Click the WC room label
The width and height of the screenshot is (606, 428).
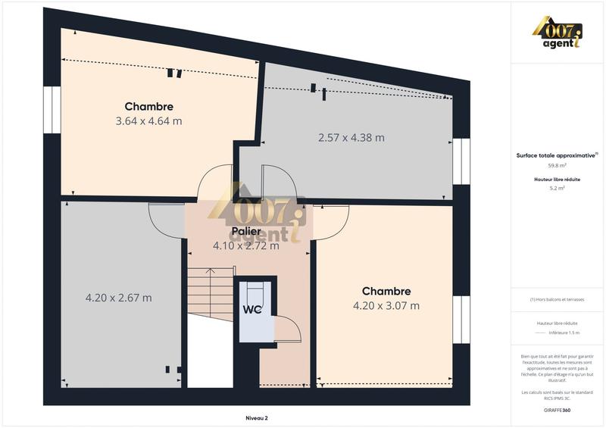pyautogui.click(x=252, y=309)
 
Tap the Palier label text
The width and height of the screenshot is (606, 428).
pyautogui.click(x=247, y=231)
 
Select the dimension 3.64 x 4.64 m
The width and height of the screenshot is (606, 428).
pyautogui.click(x=148, y=120)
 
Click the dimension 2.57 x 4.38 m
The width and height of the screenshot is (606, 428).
pyautogui.click(x=351, y=138)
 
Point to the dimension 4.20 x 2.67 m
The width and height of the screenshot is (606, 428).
pyautogui.click(x=118, y=298)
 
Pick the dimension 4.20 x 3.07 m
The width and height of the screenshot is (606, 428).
pyautogui.click(x=386, y=306)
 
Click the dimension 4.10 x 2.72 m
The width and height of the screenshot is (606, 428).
pyautogui.click(x=245, y=245)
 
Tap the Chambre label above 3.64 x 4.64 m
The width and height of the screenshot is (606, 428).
pyautogui.click(x=148, y=107)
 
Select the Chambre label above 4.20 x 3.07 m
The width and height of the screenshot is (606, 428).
pyautogui.click(x=386, y=292)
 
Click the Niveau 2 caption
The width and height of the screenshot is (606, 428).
pyautogui.click(x=257, y=418)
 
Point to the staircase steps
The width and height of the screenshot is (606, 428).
pyautogui.click(x=206, y=292)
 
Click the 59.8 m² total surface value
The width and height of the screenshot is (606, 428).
pyautogui.click(x=558, y=164)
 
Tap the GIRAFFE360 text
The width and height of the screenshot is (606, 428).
pyautogui.click(x=558, y=409)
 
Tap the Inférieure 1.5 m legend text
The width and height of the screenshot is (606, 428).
pyautogui.click(x=564, y=333)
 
